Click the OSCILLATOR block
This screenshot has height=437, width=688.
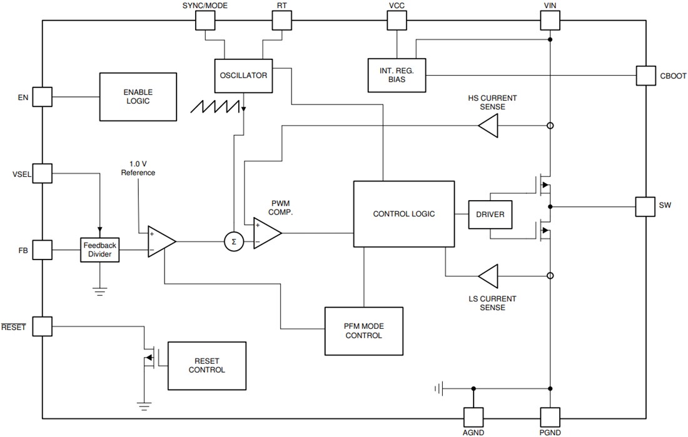click(243, 76)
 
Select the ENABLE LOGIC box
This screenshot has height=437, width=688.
click(138, 96)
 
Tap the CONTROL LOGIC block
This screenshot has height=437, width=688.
click(403, 214)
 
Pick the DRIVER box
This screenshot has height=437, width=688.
click(490, 214)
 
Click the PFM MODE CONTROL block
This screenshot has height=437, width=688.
click(363, 330)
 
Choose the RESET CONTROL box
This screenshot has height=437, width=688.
click(206, 366)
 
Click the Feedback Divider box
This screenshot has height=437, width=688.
click(100, 250)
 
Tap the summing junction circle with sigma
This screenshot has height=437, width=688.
click(233, 241)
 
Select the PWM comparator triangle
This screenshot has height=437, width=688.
click(265, 233)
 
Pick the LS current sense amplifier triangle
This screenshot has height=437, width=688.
click(488, 275)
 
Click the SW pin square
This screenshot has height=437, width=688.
click(645, 207)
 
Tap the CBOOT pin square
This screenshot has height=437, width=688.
click(645, 76)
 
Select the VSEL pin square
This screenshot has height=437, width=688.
click(42, 173)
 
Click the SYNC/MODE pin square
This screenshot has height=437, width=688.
click(205, 21)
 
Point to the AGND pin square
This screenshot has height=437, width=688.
click(473, 417)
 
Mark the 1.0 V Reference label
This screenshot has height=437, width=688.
click(138, 168)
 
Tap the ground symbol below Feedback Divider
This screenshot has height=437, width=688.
click(99, 290)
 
